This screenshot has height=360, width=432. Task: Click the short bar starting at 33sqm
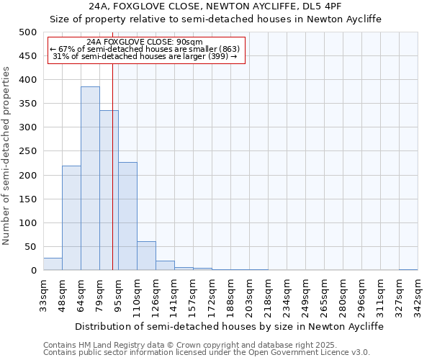click(x=53, y=264)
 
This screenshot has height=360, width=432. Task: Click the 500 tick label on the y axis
click(x=28, y=32)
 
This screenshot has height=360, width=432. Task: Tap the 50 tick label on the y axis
click(x=31, y=247)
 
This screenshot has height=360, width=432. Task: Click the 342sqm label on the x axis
click(x=418, y=294)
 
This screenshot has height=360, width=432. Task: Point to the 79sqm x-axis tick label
click(x=100, y=294)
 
